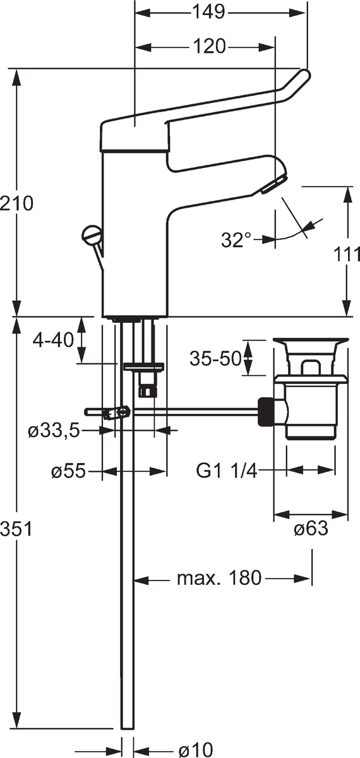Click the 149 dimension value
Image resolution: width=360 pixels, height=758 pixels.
(209, 13)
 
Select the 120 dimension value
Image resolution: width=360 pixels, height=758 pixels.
(209, 46)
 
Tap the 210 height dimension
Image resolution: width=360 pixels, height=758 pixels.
(16, 203)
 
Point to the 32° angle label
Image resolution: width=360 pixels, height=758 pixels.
(236, 239)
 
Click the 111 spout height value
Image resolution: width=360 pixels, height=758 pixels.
(347, 255)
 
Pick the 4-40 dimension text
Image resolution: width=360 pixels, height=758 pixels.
(53, 339)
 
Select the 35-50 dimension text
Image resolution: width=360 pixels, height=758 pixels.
(215, 358)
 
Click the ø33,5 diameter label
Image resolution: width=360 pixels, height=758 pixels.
(54, 431)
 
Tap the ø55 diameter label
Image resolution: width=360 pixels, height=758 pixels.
(68, 471)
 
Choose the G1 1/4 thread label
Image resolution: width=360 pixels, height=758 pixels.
(227, 471)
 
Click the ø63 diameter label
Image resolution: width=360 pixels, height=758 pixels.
(311, 529)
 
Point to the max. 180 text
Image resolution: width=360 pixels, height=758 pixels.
(220, 579)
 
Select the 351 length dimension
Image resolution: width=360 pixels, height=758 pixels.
(16, 529)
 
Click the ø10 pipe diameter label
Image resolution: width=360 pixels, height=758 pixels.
(196, 750)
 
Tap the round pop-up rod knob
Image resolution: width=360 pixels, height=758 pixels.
(92, 234)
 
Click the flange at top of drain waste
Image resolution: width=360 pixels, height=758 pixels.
(311, 340)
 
